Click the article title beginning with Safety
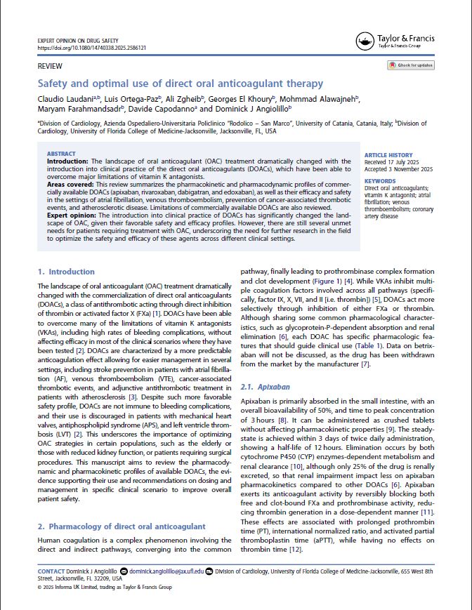pos(181,84)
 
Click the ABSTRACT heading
pos(62,154)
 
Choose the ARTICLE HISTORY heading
pos(388,156)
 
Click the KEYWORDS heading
pos(380,182)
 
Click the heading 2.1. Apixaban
pos(265,387)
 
